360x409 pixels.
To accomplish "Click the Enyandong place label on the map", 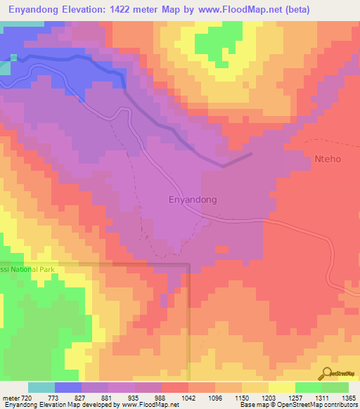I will tap(193, 200).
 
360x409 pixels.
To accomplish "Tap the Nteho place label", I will tap(328, 159).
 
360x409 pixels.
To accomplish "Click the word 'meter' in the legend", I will tap(10, 398).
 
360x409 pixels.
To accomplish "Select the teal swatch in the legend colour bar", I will tap(41, 387).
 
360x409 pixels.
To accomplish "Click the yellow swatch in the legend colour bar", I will tap(281, 387).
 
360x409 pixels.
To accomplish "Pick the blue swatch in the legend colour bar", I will tap(68, 387).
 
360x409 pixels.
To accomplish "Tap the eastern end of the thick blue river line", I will tap(250, 154).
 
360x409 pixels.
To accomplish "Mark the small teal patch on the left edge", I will tap(5, 67).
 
